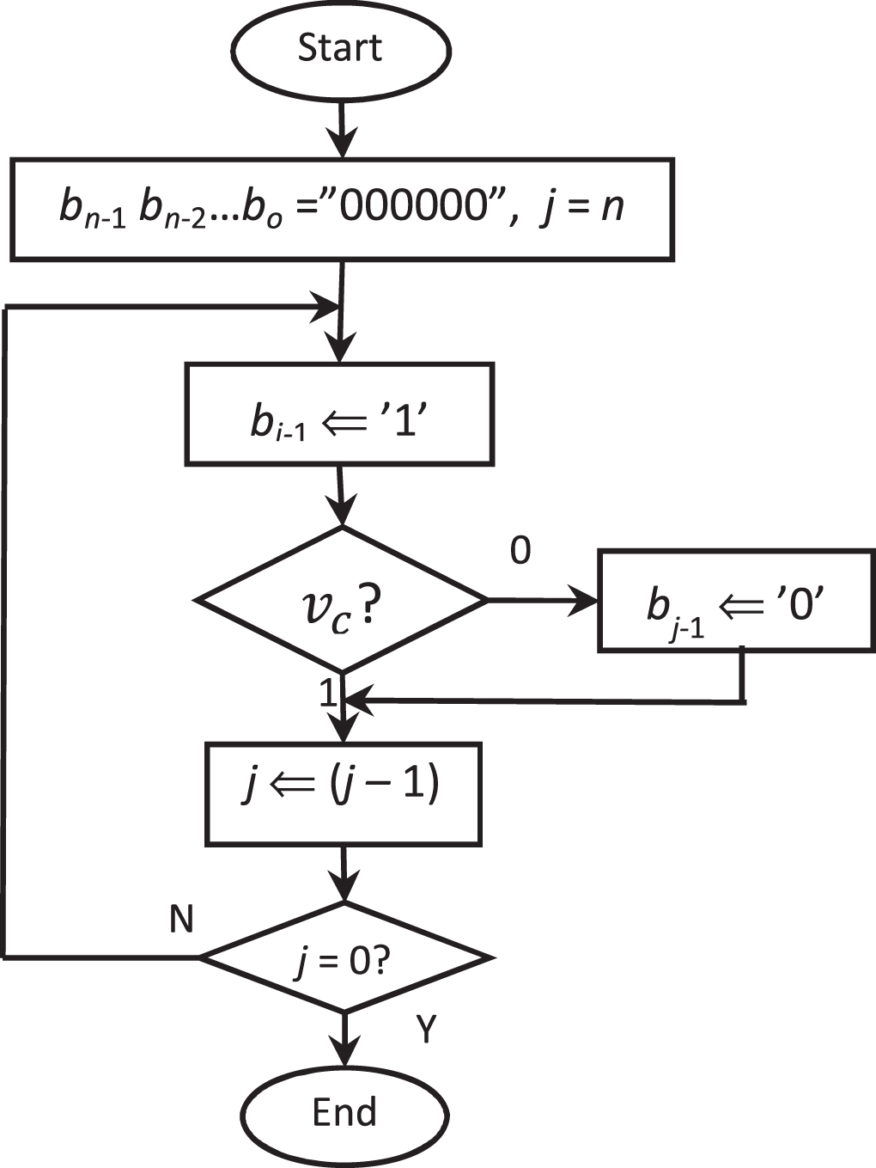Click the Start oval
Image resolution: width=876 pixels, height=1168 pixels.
pos(341,49)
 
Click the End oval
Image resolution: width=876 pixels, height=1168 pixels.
pos(344,1113)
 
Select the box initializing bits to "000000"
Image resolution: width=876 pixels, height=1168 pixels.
pos(341,209)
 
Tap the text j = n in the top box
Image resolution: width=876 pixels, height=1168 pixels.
pos(582,207)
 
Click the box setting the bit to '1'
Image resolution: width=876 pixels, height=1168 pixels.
pos(340,414)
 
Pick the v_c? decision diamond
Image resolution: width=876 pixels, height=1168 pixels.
pos(342,600)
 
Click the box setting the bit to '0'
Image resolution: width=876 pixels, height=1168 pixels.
pos(736,600)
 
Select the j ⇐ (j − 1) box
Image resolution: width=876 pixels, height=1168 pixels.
pos(343,793)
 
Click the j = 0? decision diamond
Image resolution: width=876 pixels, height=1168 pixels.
pos(344,957)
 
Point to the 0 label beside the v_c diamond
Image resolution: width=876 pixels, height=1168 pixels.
pos(520,551)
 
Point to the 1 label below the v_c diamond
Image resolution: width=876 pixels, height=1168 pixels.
pos(328,693)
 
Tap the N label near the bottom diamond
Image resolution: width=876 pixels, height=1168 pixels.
pos(181,920)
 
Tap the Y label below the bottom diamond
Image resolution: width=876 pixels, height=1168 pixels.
pos(427,1028)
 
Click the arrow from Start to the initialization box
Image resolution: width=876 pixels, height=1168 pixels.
pos(343,129)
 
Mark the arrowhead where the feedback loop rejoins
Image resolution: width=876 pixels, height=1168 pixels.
pos(327,304)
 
